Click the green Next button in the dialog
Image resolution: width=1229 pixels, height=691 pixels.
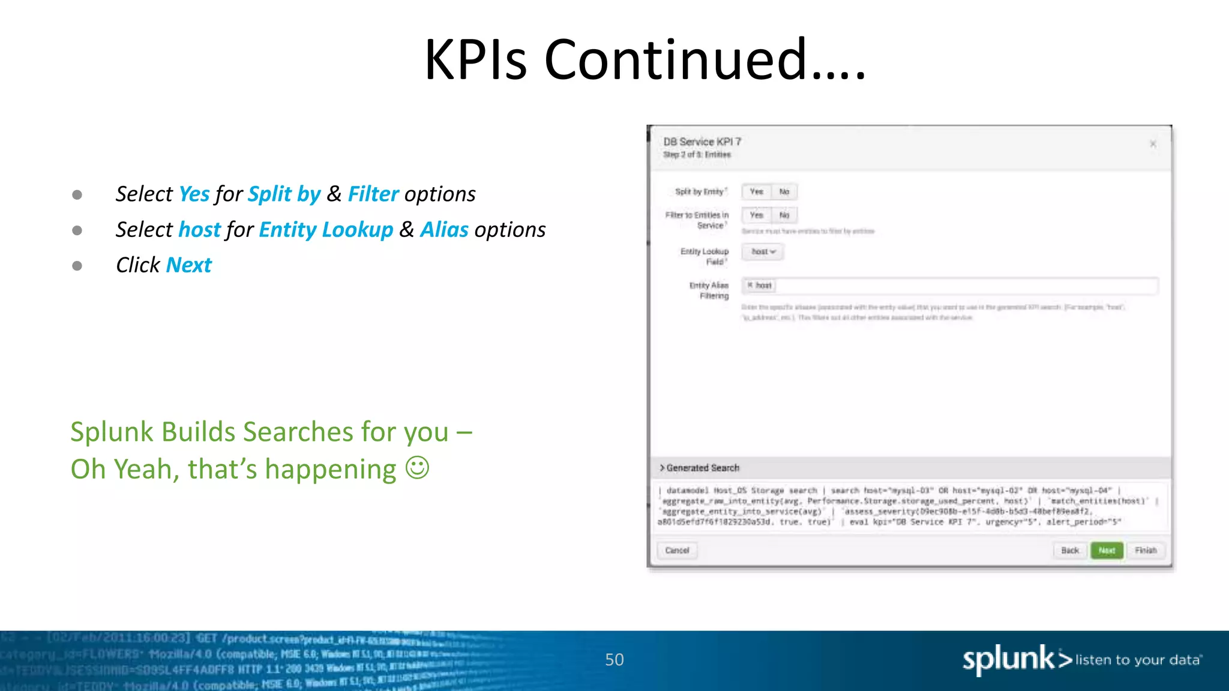point(1107,551)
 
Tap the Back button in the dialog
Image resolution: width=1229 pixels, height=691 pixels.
point(1069,551)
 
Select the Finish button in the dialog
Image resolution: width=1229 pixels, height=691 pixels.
point(1146,551)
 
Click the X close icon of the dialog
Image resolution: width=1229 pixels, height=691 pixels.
point(1153,144)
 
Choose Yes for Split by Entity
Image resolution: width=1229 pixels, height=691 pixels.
point(756,192)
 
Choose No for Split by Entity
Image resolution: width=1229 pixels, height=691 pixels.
point(784,192)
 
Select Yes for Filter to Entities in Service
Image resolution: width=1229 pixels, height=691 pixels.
point(756,215)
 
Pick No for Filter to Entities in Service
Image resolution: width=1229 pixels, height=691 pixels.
point(784,215)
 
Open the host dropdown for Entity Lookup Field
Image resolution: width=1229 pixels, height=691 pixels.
point(763,252)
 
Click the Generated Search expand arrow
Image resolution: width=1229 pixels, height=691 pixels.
point(663,468)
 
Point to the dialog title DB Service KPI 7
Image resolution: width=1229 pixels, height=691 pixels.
point(702,142)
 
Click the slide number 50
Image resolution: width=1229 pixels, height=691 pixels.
point(614,660)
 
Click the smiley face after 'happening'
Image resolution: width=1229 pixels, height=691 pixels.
point(417,468)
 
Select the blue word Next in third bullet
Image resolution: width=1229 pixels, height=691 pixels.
point(188,265)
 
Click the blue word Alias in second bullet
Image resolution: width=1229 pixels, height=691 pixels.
point(444,230)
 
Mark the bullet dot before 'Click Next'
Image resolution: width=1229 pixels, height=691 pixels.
point(77,266)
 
